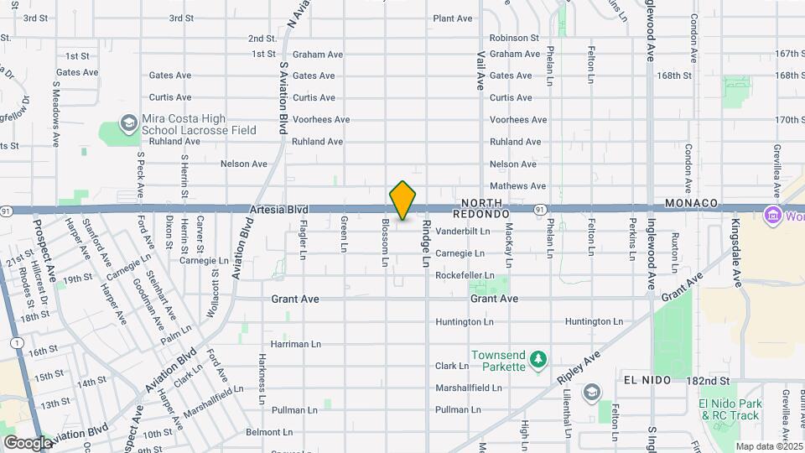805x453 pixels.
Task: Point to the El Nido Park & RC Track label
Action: (730, 409)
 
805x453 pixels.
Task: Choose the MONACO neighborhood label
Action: (691, 204)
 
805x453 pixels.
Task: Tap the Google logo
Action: (28, 442)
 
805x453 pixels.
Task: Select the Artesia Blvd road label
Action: (278, 209)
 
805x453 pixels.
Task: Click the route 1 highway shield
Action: (16, 342)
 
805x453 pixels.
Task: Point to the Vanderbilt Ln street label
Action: (462, 231)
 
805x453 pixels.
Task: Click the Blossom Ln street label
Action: (385, 242)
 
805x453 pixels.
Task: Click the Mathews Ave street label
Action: (517, 186)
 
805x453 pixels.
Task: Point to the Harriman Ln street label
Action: (295, 344)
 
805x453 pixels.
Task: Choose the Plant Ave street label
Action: (454, 18)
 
